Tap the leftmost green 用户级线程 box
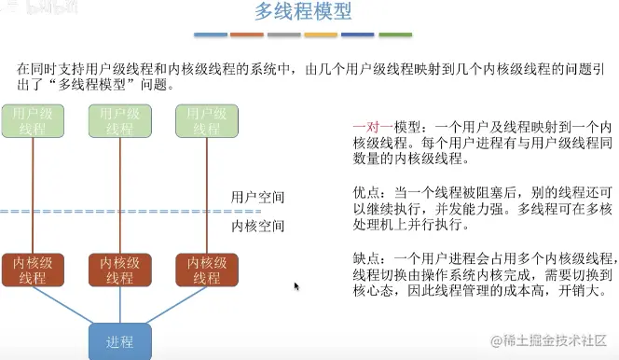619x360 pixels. pos(32,121)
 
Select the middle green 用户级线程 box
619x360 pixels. pos(117,121)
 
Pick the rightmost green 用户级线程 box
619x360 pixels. pos(202,121)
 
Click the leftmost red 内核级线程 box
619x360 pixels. pos(32,270)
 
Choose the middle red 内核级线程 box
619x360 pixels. pos(118,270)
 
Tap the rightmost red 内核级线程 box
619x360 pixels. pos(202,270)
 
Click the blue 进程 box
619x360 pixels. pos(118,340)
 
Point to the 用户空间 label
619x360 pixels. pos(258,198)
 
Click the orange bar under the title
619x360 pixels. pos(247,35)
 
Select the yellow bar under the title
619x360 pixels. pos(321,35)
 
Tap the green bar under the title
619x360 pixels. pos(394,35)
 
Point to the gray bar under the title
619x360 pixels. pos(284,35)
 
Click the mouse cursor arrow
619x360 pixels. pos(296,286)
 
